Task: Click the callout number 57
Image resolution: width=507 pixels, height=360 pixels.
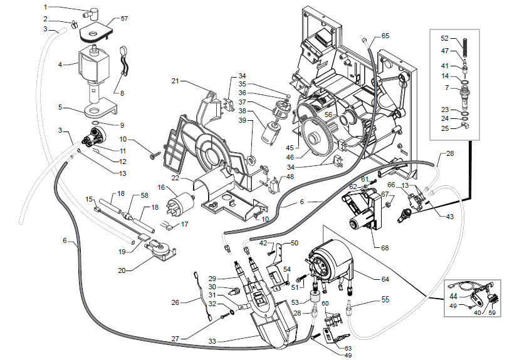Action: pos(124,19)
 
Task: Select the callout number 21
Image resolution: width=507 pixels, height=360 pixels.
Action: pos(175,81)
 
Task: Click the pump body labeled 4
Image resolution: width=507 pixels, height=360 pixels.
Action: pos(93,66)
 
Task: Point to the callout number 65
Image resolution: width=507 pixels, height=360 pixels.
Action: pos(385,35)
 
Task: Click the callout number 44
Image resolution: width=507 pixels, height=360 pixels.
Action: pos(453,296)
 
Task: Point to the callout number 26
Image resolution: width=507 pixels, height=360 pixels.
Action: pos(175,302)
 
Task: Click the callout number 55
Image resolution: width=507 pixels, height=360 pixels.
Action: pos(385,300)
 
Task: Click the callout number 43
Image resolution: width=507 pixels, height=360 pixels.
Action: pos(449,217)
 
